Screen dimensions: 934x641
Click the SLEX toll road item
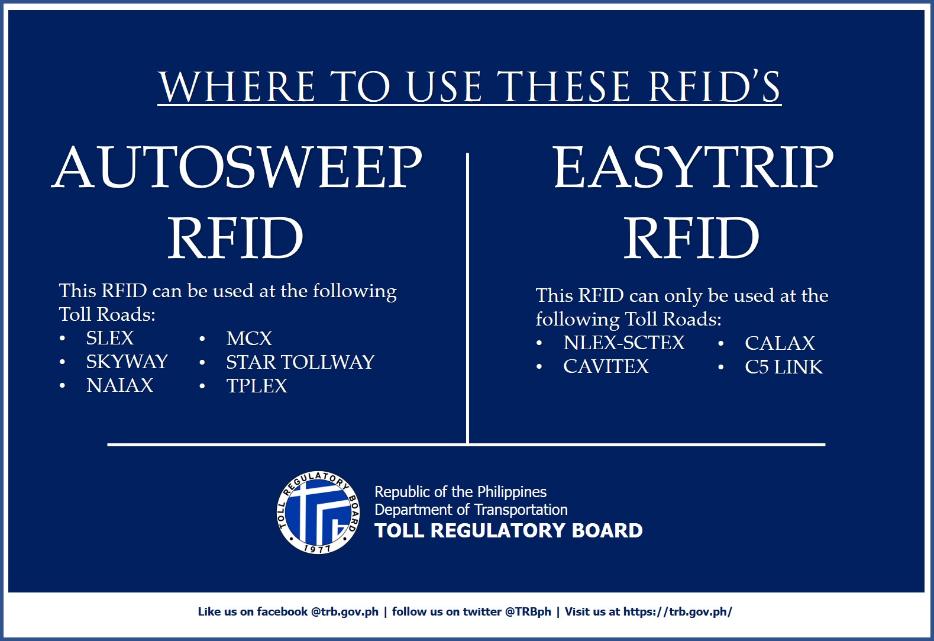[x=109, y=338]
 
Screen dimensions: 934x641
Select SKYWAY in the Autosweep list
[x=127, y=362]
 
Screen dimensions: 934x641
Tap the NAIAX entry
[x=119, y=385]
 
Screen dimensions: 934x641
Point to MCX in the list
[x=249, y=339]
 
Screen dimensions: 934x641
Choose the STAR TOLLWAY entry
[x=300, y=362]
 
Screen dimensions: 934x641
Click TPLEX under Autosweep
[x=257, y=385]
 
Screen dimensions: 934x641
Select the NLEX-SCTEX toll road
[x=624, y=343]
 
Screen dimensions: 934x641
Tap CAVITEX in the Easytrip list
[x=606, y=366]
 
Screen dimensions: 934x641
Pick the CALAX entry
[x=780, y=343]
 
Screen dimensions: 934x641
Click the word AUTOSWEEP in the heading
[x=237, y=167]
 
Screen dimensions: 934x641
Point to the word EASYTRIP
[x=693, y=167]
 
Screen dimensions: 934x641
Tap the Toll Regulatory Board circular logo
[x=318, y=513]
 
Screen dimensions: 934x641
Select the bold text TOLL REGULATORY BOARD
[x=509, y=530]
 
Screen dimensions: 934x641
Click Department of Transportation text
[x=471, y=510]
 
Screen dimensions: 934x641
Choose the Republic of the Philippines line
[x=460, y=492]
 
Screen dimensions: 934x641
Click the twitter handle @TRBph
[x=528, y=612]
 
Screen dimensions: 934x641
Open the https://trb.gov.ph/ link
[x=677, y=612]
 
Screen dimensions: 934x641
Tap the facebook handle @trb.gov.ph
[x=345, y=612]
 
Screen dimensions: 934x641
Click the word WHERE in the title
[x=237, y=86]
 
